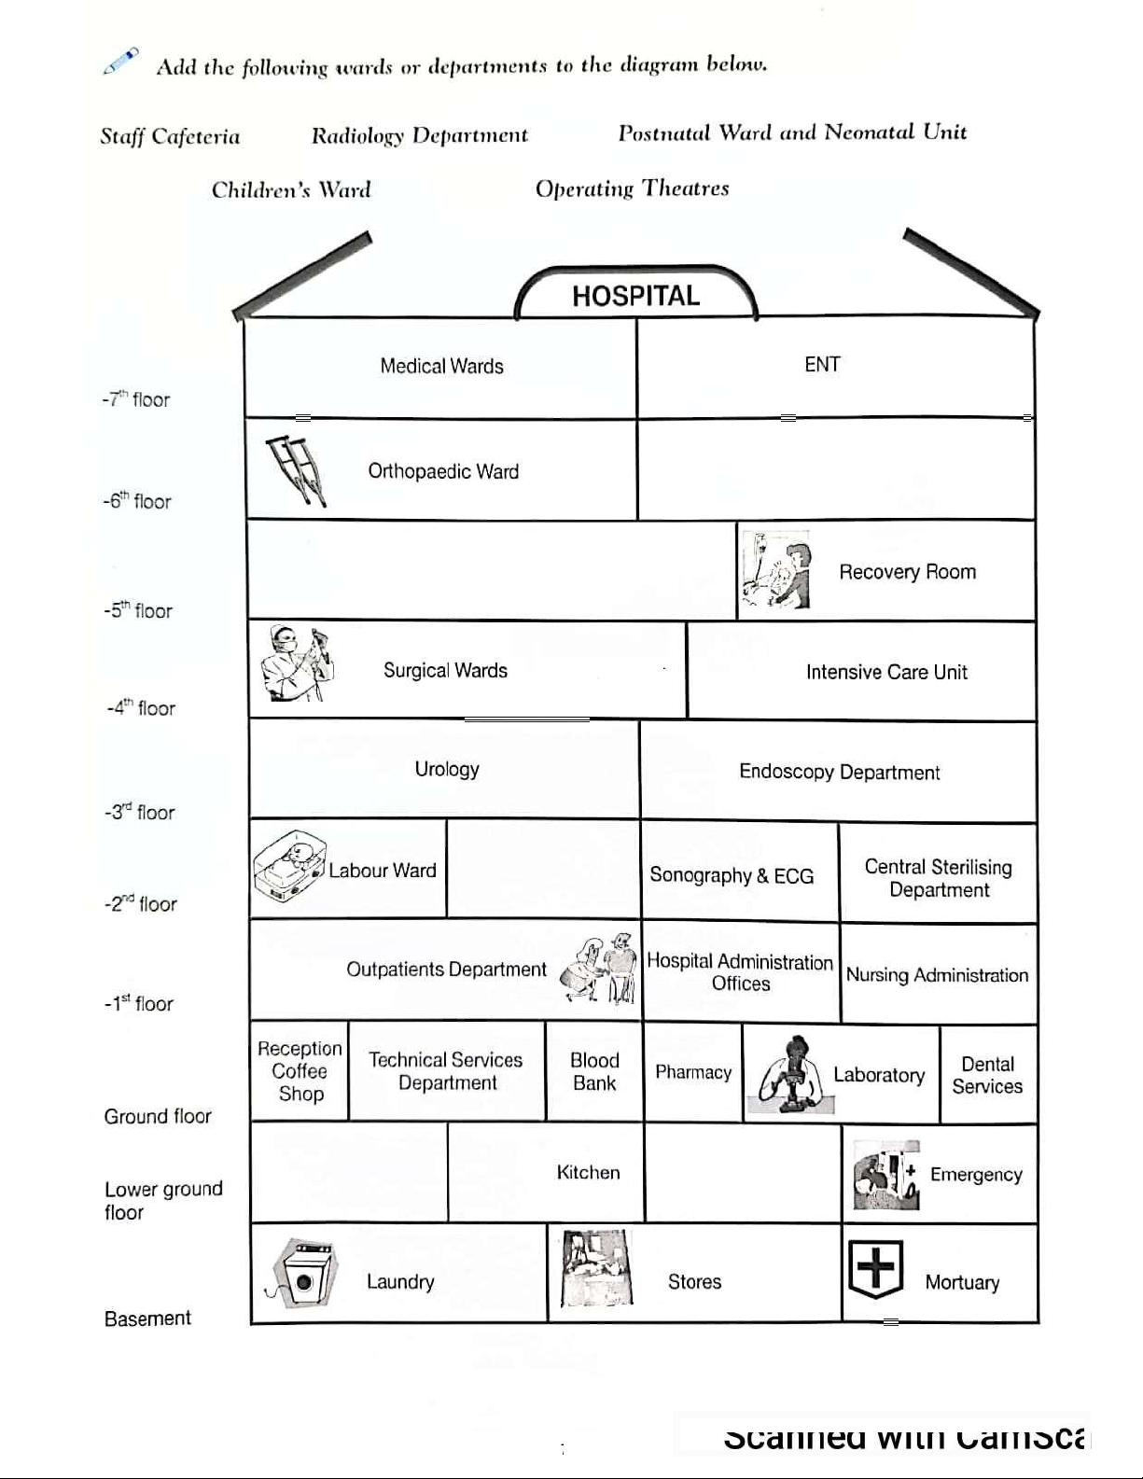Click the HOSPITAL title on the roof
coord(635,296)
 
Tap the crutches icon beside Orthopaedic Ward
coord(297,470)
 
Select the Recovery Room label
coord(907,572)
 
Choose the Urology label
coord(447,769)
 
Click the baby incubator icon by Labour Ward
coord(288,867)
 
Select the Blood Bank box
coord(594,1071)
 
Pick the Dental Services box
coord(987,1075)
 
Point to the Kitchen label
coord(588,1172)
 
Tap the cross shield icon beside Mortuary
coord(875,1270)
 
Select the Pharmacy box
coord(693,1072)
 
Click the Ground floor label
coord(158,1116)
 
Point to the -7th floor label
coord(136,399)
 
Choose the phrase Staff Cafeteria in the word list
coord(170,137)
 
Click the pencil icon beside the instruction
coord(121,62)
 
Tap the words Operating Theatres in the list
coord(632,188)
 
